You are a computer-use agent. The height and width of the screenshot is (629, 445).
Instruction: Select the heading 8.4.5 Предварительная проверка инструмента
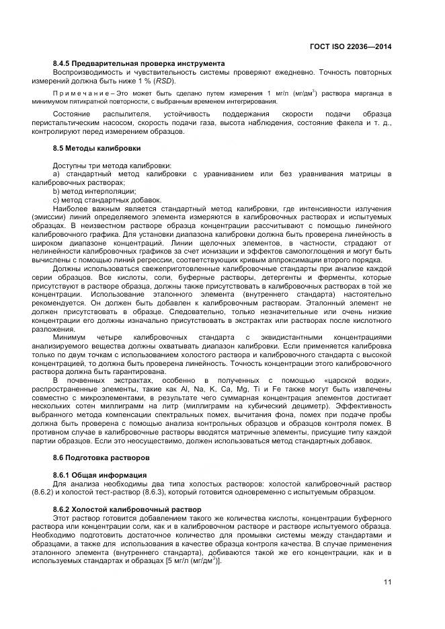(x=138, y=63)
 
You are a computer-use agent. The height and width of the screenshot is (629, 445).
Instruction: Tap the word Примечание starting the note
(x=80, y=92)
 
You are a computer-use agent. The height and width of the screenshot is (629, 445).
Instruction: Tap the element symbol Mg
(x=242, y=390)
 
